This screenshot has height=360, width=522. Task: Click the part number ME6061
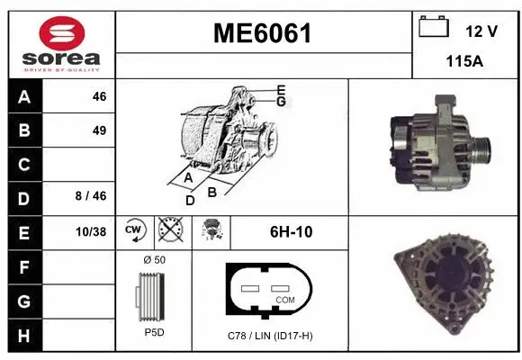(x=262, y=34)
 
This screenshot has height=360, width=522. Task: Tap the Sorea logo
(x=60, y=44)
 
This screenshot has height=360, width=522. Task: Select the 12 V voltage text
(x=481, y=31)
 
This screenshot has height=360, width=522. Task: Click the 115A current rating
(x=465, y=62)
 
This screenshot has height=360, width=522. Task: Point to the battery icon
(x=434, y=27)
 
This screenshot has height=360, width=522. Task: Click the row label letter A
(x=23, y=97)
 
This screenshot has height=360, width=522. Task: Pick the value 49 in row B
(x=99, y=130)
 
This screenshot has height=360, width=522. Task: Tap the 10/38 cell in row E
(x=91, y=232)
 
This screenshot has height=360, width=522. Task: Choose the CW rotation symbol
(x=135, y=230)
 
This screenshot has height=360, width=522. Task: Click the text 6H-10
(x=291, y=231)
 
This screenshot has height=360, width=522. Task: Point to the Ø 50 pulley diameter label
(x=154, y=260)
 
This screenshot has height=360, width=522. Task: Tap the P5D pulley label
(x=154, y=332)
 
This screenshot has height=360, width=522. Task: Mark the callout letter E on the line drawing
(x=281, y=90)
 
